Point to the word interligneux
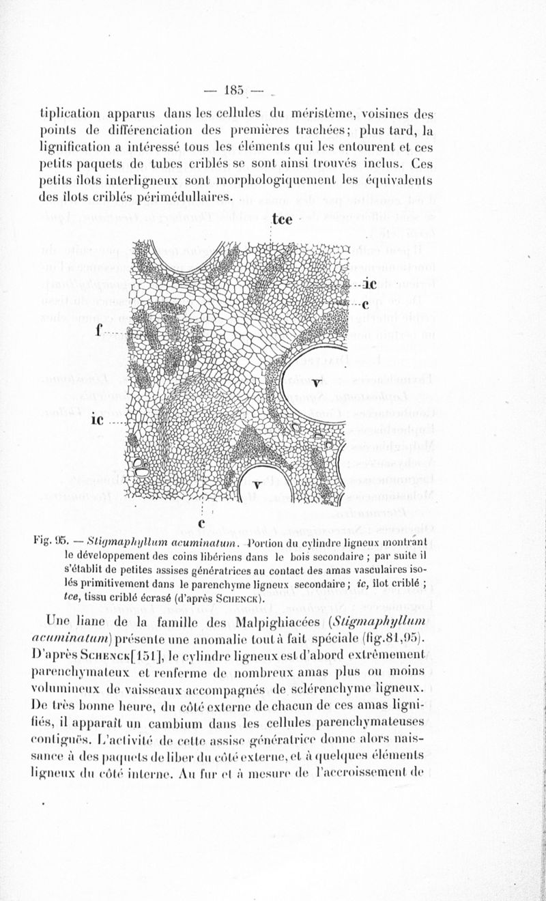pos(147,181)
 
